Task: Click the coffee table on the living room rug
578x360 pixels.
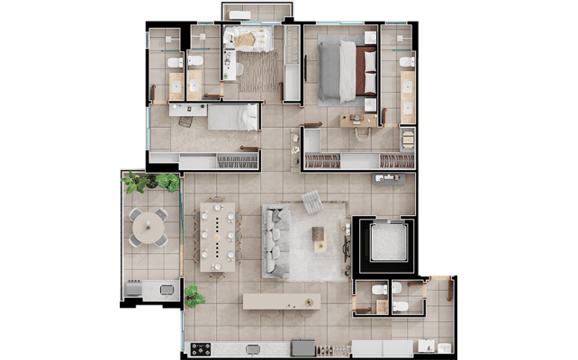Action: [x=319, y=236]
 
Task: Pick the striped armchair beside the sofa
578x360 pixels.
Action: [x=312, y=202]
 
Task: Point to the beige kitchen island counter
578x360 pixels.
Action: [x=281, y=301]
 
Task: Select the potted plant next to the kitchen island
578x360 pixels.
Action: [x=194, y=295]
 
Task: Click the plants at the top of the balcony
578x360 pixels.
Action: [x=149, y=182]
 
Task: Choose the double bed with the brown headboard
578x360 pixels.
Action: [x=342, y=70]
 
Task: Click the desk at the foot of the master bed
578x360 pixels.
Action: [x=358, y=120]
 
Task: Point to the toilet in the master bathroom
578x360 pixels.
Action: [x=405, y=62]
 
